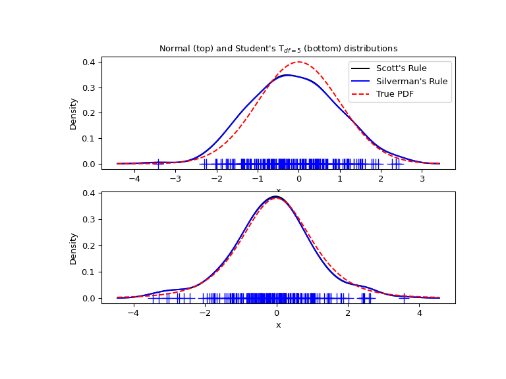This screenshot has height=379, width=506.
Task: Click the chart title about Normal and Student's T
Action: click(278, 49)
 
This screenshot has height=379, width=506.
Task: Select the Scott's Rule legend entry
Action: click(401, 68)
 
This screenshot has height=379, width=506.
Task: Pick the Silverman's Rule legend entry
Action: click(412, 81)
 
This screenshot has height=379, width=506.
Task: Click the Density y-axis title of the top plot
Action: click(74, 113)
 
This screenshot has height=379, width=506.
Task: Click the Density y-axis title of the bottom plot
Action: click(74, 248)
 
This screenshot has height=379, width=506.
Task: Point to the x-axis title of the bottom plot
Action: click(278, 325)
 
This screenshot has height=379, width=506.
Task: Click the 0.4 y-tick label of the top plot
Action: click(89, 62)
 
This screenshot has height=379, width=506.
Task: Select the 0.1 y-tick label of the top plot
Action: click(89, 138)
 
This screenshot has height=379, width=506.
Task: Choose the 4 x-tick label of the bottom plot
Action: click(420, 313)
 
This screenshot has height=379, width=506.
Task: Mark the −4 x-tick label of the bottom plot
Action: click(132, 313)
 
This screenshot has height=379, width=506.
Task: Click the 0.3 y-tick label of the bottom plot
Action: click(89, 219)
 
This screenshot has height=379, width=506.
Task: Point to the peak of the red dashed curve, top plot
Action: click(299, 62)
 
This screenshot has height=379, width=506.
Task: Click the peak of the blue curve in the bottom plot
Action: click(275, 196)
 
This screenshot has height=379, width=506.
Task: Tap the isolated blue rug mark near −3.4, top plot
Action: click(158, 164)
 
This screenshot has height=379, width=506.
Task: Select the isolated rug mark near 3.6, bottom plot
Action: click(405, 298)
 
